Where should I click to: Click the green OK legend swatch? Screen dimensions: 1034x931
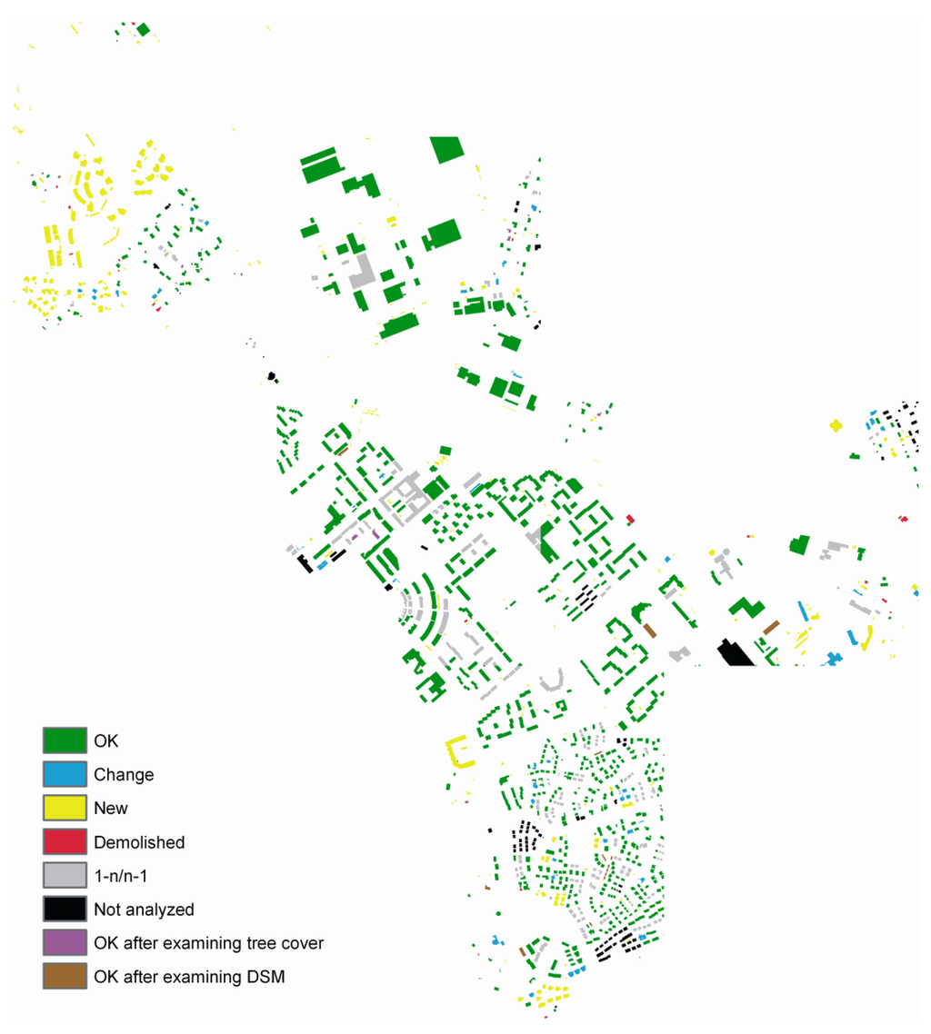pos(65,741)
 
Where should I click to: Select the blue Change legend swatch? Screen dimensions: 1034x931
pos(65,774)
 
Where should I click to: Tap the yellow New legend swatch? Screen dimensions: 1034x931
pos(65,808)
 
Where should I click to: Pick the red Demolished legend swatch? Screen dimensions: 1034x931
pos(65,841)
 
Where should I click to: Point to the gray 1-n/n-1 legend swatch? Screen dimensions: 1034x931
pos(65,875)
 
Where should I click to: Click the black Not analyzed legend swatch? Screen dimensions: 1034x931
pos(65,909)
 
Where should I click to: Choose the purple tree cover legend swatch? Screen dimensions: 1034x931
pos(65,942)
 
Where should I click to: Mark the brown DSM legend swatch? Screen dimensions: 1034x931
pos(65,976)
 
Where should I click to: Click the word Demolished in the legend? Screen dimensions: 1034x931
pos(139,842)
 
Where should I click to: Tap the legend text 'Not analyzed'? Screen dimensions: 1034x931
pos(144,909)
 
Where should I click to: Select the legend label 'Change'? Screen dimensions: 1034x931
pos(124,775)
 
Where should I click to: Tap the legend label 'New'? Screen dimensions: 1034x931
pos(111,809)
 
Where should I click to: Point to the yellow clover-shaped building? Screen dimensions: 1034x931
pos(836,424)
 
